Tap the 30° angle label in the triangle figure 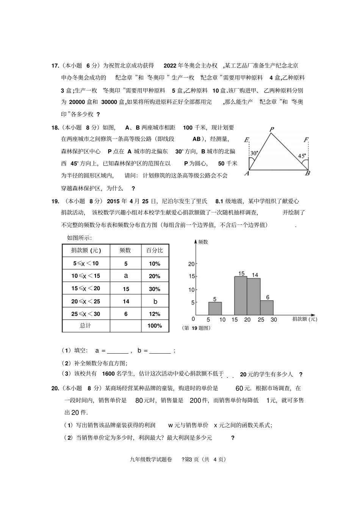[x=254, y=153]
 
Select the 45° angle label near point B [x=302, y=156]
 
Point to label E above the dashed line [x=247, y=140]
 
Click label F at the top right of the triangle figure [x=306, y=140]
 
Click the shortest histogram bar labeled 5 [x=215, y=308]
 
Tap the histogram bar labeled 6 [x=267, y=307]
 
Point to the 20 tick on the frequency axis [x=191, y=264]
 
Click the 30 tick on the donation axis [x=274, y=320]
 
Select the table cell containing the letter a [x=126, y=276]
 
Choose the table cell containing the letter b [x=155, y=301]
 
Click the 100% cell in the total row [x=155, y=326]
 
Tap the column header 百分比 [x=155, y=250]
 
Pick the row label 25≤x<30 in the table [x=86, y=314]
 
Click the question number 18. [x=55, y=128]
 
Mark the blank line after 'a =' [x=118, y=351]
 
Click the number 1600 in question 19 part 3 [x=108, y=374]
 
